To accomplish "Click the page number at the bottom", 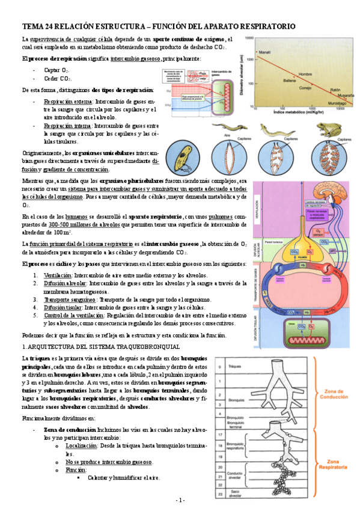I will click(x=180, y=500).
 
